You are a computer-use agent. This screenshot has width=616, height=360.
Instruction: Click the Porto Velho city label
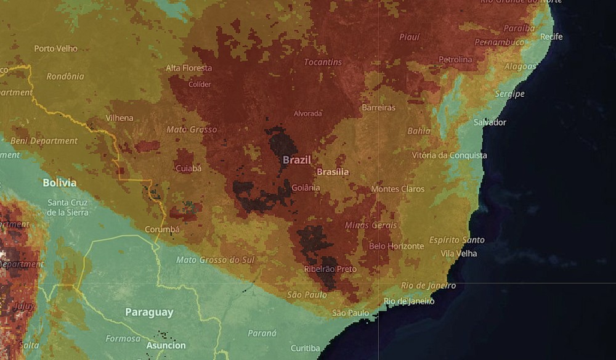tap(56, 48)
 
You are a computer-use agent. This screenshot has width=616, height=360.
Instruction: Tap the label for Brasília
tap(333, 172)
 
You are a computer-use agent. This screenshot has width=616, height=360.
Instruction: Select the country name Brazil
tap(297, 160)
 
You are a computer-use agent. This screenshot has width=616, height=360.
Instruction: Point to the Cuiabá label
tap(188, 168)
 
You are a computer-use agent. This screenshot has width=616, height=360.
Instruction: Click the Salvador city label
tap(490, 122)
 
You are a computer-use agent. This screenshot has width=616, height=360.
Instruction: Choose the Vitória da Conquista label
tap(449, 155)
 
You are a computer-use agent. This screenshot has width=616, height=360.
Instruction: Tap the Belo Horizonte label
tap(396, 246)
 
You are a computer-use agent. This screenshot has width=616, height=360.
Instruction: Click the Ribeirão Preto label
tap(330, 269)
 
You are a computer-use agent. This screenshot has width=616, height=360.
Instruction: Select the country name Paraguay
tap(149, 312)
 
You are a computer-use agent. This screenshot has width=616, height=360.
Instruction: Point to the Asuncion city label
tap(166, 346)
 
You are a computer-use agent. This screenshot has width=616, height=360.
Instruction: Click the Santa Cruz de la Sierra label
tap(68, 208)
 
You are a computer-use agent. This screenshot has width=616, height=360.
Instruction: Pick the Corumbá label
tap(162, 229)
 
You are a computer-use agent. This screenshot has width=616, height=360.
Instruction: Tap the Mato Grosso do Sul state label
tap(215, 260)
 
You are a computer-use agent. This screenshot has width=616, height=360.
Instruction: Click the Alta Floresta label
tap(189, 68)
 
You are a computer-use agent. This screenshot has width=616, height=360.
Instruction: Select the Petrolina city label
tap(455, 60)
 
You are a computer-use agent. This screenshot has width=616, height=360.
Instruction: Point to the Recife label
tap(551, 37)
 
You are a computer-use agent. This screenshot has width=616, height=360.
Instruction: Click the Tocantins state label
tap(323, 62)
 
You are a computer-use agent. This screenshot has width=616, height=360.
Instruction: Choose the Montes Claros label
tap(398, 189)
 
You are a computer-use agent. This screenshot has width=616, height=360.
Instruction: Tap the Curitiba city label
tap(305, 348)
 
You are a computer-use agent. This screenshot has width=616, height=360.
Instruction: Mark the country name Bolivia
tap(60, 182)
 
